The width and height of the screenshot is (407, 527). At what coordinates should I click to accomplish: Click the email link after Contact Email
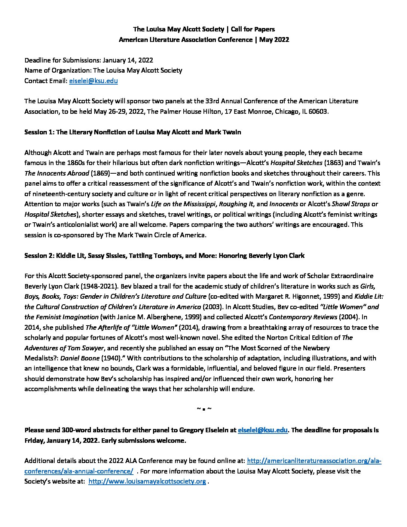(x=94, y=80)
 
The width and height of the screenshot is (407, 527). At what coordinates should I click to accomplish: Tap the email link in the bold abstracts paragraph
(x=263, y=430)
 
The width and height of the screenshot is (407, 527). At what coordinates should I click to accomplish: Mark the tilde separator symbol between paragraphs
(x=204, y=408)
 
